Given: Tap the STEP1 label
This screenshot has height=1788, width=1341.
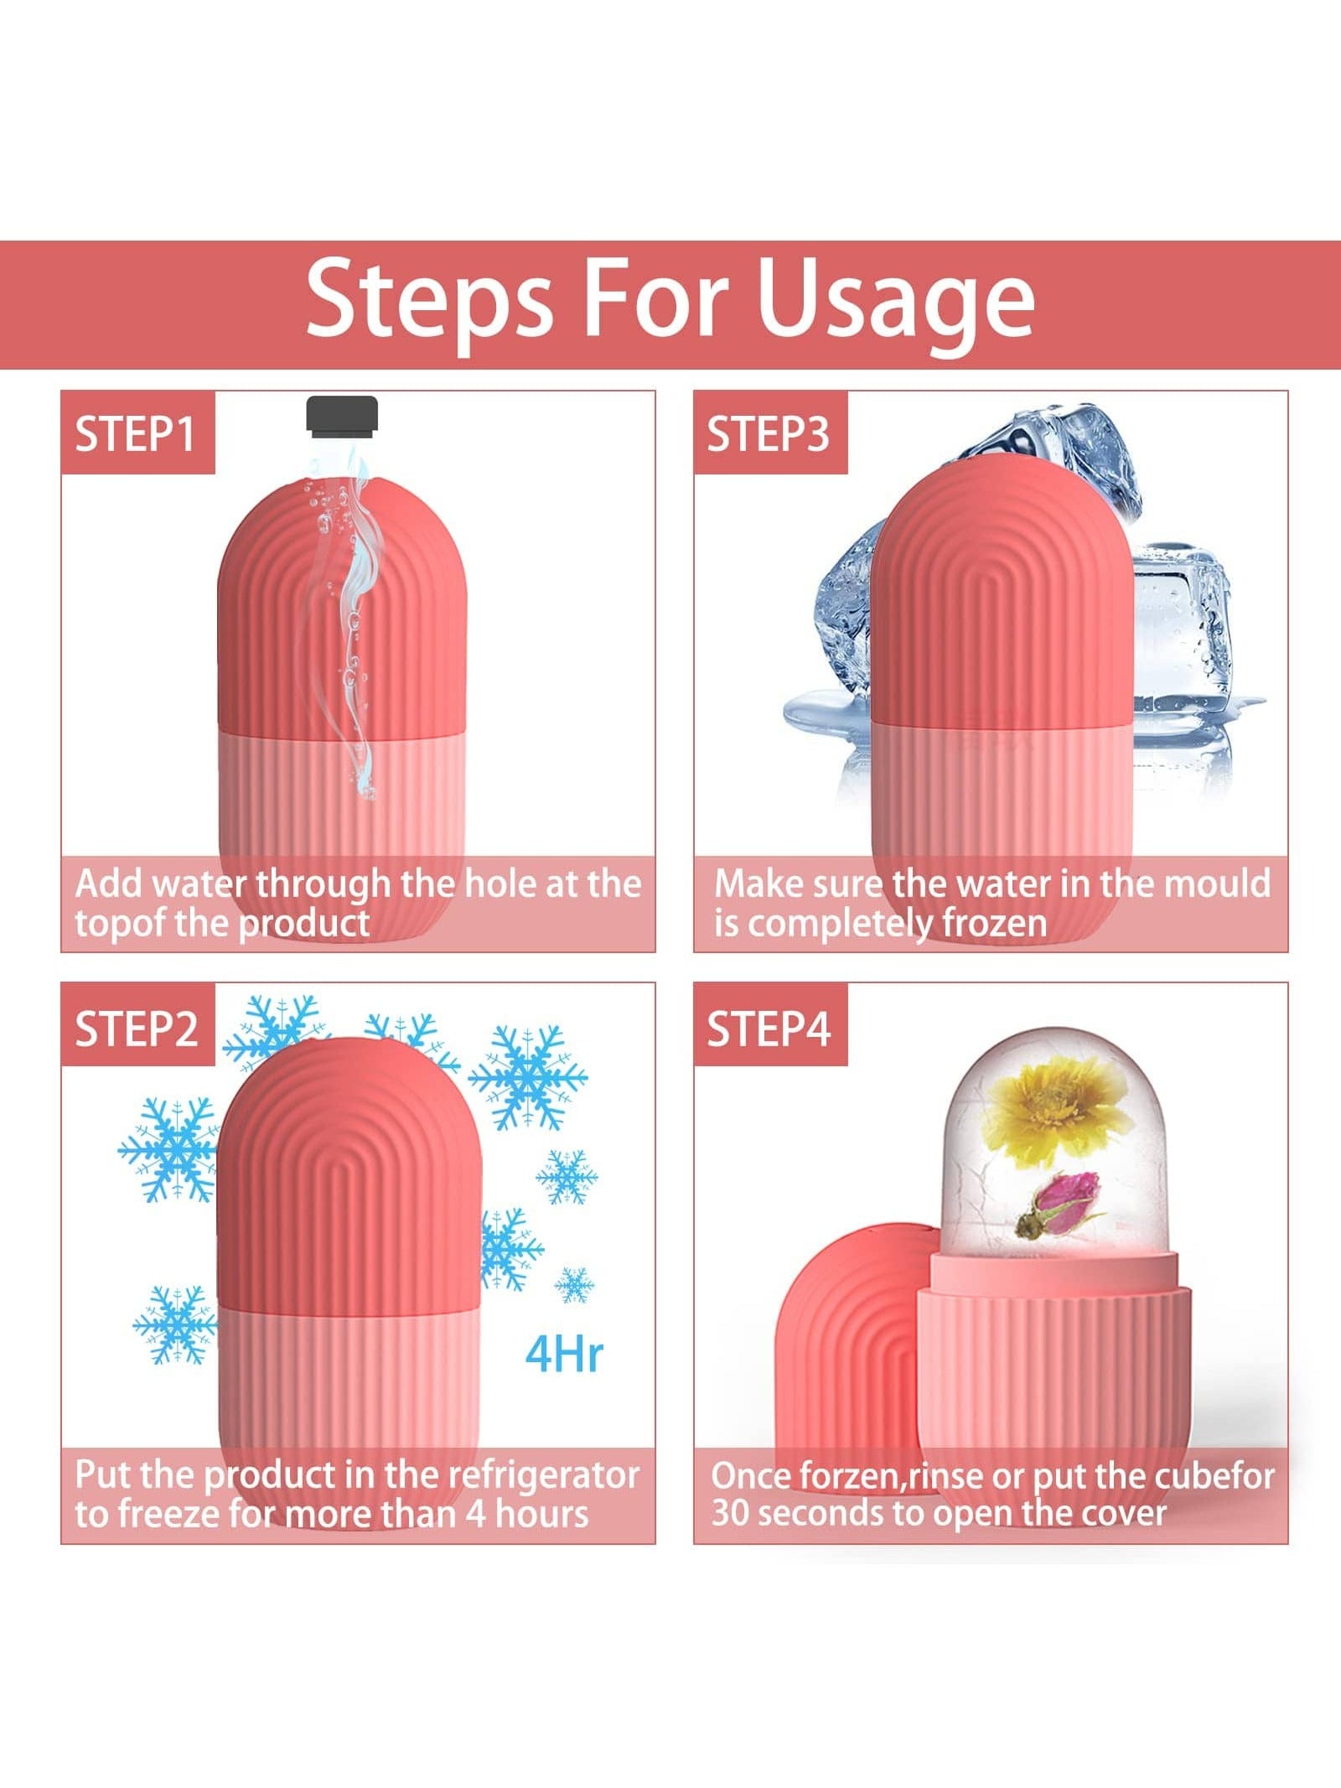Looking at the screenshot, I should pyautogui.click(x=136, y=434).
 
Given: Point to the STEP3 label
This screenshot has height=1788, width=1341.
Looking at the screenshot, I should pyautogui.click(x=768, y=434).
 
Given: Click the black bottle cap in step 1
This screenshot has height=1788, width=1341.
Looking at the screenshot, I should pyautogui.click(x=342, y=417).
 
